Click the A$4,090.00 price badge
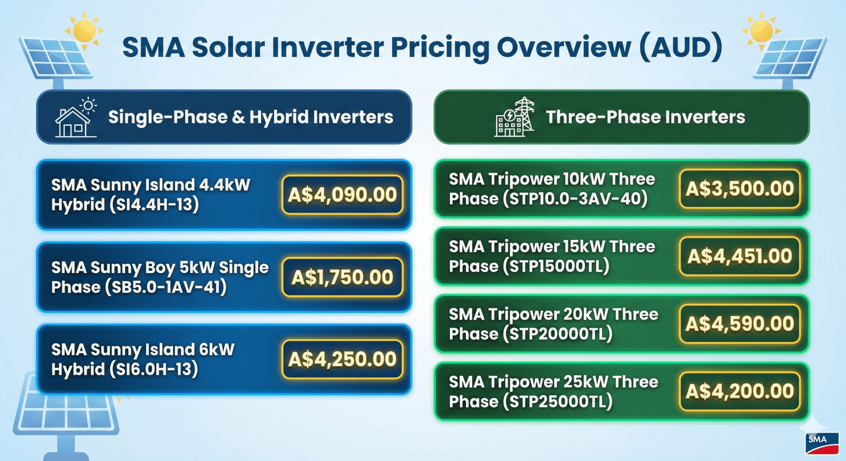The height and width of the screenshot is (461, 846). tap(342, 195)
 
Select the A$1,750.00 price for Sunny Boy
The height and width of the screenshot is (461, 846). tap(342, 277)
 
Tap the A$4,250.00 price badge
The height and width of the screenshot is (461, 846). tap(342, 359)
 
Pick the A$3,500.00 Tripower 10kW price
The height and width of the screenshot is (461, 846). tap(740, 189)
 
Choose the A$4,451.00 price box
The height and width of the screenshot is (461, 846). tap(740, 256)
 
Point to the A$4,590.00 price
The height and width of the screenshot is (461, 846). tap(740, 324)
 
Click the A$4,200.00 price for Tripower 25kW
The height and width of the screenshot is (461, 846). tap(740, 391)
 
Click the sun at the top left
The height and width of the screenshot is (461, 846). tap(84, 30)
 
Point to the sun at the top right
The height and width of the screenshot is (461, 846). tap(761, 30)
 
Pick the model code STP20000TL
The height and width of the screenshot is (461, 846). tap(558, 334)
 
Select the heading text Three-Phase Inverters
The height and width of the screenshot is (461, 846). tap(645, 117)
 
